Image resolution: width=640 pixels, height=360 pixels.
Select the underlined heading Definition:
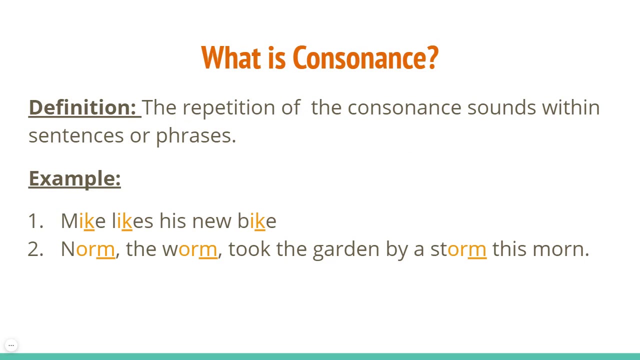tap(82, 107)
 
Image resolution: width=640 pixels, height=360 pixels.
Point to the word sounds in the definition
tap(501, 107)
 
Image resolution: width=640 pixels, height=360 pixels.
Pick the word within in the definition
tap(571, 107)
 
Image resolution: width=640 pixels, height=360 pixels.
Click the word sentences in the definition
tap(76, 135)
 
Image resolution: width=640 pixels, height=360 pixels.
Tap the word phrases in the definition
tap(195, 135)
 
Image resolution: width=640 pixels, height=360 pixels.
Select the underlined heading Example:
tap(75, 178)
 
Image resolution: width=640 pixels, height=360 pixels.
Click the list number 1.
tap(35, 221)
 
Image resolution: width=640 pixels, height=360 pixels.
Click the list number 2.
tap(35, 249)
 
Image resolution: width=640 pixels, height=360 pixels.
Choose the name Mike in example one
tap(83, 221)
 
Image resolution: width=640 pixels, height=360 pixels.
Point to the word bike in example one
tap(257, 221)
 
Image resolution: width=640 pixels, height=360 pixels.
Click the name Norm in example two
tap(88, 249)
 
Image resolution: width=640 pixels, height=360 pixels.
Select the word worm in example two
tap(190, 249)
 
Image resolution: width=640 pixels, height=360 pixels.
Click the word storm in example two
tap(458, 249)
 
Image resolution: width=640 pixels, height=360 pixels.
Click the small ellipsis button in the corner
tap(11, 345)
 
